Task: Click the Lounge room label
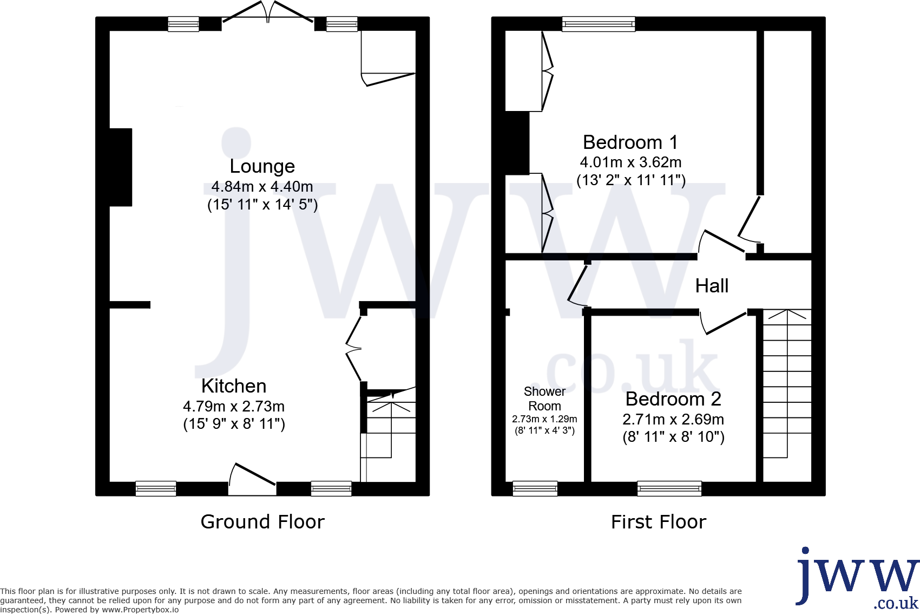[x=262, y=166]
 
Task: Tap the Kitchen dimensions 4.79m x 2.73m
[x=234, y=406]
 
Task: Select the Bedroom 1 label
[x=630, y=142]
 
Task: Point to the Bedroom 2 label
[x=673, y=399]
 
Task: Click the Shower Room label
[x=544, y=399]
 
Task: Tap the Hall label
[x=712, y=286]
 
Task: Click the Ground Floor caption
[x=262, y=522]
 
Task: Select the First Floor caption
[x=659, y=522]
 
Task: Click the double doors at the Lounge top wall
[x=268, y=14]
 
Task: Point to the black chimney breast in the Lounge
[x=121, y=167]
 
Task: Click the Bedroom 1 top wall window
[x=598, y=24]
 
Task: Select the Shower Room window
[x=535, y=488]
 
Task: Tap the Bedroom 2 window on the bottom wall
[x=669, y=488]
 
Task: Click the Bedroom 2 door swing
[x=722, y=323]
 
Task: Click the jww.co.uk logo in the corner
[x=857, y=578]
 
